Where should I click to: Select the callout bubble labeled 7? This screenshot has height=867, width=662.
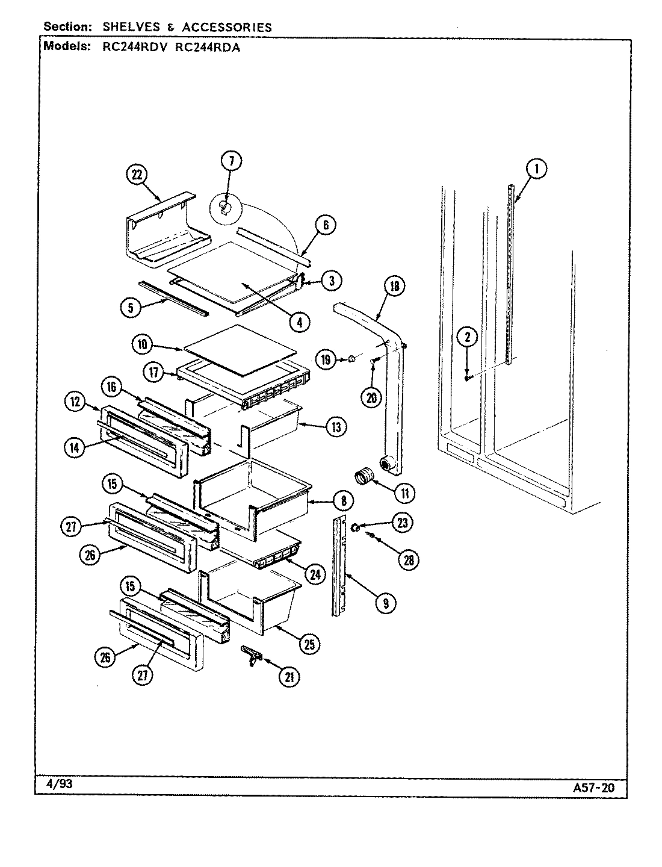point(231,160)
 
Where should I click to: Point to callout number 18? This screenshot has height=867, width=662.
point(394,287)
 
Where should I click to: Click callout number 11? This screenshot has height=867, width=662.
point(404,494)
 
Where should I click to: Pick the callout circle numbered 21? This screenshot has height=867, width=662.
point(289,677)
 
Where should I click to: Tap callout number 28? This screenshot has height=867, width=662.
point(408,560)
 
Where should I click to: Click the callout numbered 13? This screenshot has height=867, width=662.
point(335,427)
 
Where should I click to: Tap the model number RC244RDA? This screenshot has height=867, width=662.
point(208,47)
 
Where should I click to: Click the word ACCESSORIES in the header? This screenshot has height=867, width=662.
point(227,27)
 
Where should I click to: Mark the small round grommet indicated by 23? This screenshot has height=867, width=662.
point(355,527)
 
